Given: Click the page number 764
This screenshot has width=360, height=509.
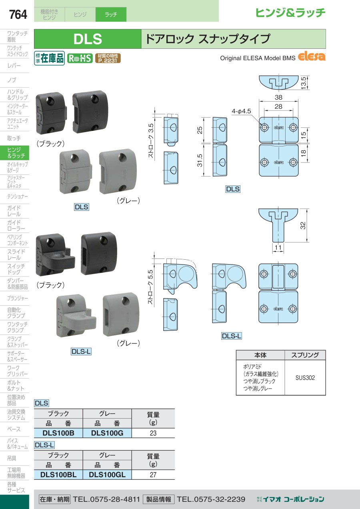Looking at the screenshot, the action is click(18, 14).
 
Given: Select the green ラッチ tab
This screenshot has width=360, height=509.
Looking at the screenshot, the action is click(111, 14).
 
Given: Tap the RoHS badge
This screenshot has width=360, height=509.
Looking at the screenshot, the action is click(80, 58).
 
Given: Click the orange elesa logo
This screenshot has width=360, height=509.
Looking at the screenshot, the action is click(312, 57).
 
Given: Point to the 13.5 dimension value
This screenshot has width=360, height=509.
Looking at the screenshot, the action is click(304, 83).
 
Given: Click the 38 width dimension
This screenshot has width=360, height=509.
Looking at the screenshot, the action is click(278, 97).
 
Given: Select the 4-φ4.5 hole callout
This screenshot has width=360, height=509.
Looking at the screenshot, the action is click(241, 111).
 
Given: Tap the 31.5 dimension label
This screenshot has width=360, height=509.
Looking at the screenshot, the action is click(200, 160).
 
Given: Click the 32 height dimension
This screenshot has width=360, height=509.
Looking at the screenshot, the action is click(303, 225).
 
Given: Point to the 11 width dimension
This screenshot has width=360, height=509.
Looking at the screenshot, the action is click(278, 247).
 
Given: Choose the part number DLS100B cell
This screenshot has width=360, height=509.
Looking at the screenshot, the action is click(58, 433).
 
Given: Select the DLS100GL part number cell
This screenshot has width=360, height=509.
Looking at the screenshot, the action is click(107, 475).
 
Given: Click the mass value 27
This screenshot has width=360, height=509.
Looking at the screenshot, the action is click(153, 475).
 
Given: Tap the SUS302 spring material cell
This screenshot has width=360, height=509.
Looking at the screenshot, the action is click(305, 378).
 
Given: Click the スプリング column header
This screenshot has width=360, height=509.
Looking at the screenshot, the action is click(305, 355).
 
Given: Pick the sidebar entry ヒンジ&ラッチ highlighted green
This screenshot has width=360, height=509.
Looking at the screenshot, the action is click(15, 153).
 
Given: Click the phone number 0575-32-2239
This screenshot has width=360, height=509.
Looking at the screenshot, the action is click(211, 499).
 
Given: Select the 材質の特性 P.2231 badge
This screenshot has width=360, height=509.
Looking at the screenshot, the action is click(108, 58).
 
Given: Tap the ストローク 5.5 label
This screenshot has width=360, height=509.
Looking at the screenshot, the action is click(150, 287).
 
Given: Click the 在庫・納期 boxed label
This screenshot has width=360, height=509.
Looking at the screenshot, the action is click(54, 499).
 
